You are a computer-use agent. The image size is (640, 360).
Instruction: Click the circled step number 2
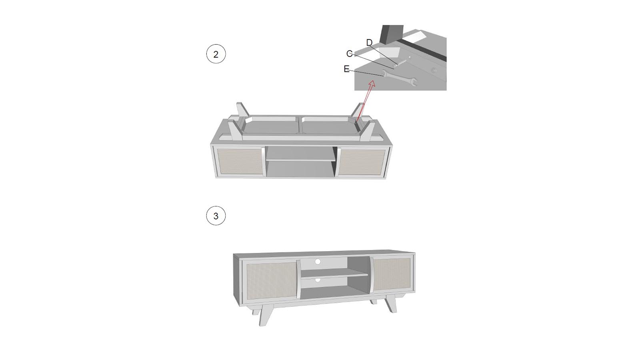(x=216, y=54)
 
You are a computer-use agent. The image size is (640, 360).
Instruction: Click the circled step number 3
(x=216, y=216)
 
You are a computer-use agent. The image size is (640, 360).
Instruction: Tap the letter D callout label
(x=369, y=42)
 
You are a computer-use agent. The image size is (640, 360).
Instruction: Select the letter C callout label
(x=349, y=54)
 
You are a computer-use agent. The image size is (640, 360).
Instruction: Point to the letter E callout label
(x=346, y=69)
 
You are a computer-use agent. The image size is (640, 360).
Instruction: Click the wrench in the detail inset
(x=399, y=78)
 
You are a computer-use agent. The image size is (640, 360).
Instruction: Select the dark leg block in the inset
(x=392, y=34)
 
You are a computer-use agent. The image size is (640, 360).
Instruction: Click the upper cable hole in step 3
(x=318, y=262)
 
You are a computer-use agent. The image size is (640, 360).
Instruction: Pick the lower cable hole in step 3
(x=318, y=280)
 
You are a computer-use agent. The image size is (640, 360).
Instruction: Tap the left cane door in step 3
(x=272, y=281)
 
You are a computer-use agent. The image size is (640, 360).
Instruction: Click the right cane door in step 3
(x=392, y=274)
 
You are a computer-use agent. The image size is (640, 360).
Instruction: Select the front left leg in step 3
(x=266, y=314)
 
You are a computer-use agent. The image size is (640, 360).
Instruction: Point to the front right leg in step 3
(x=390, y=304)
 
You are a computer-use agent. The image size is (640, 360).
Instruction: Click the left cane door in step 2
(x=240, y=162)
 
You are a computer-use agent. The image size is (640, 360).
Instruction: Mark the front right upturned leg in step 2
(x=368, y=131)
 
